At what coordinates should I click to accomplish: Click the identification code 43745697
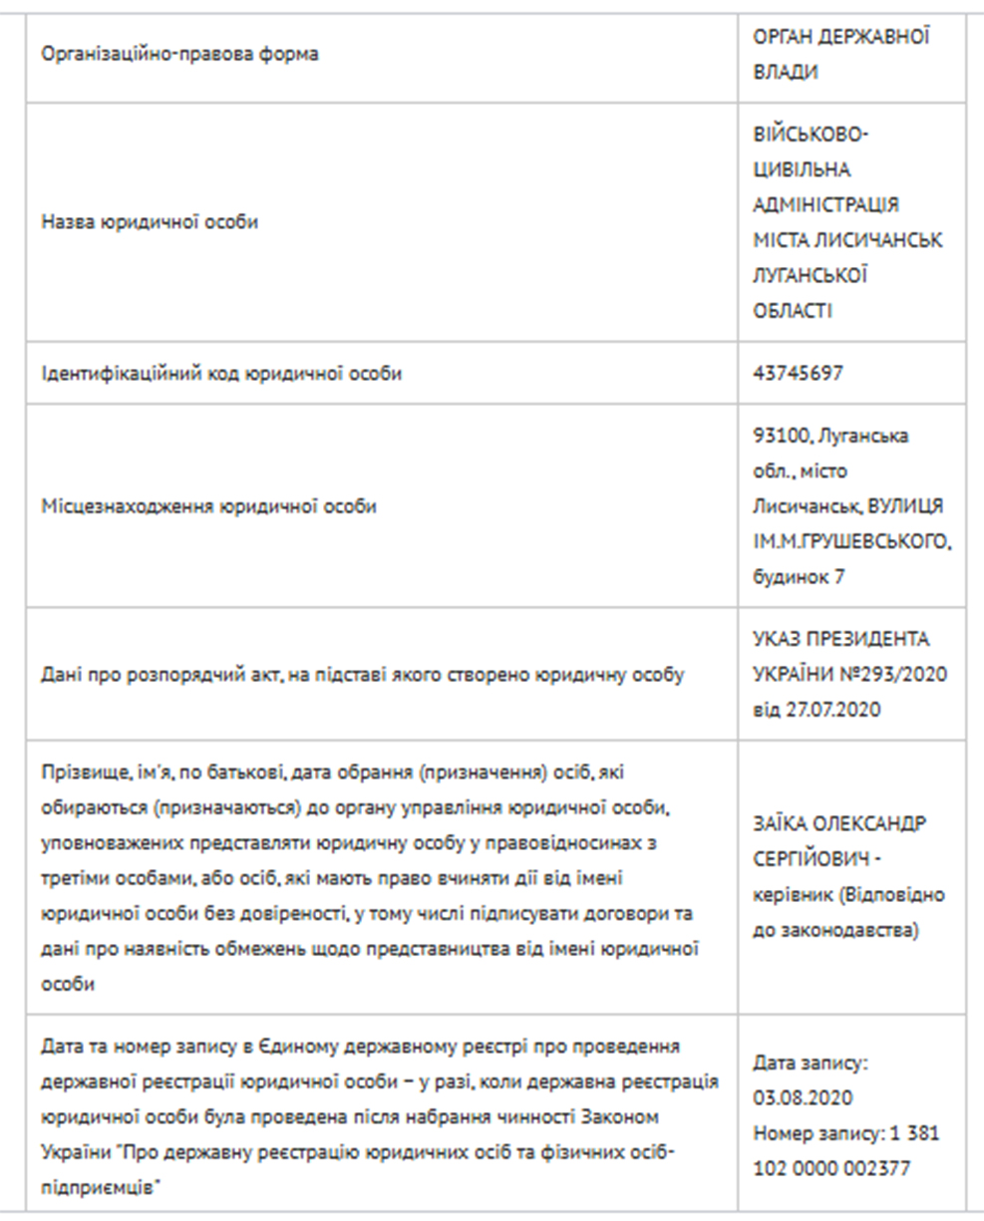(x=799, y=374)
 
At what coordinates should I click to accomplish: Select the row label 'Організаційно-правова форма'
(x=179, y=55)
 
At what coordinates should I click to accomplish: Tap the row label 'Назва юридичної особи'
(x=150, y=222)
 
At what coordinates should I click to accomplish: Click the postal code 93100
(x=776, y=436)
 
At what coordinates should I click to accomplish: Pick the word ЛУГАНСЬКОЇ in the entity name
(x=810, y=276)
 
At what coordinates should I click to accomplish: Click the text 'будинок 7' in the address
(x=799, y=577)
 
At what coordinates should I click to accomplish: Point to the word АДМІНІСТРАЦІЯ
(x=825, y=204)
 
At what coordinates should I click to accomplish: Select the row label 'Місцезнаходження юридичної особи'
(x=208, y=506)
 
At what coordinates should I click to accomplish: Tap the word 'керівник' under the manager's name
(x=787, y=895)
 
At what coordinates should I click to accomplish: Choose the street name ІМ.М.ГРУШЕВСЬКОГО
(x=852, y=542)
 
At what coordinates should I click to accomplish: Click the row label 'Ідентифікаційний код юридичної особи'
(x=221, y=374)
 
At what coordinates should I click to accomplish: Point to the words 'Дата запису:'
(x=811, y=1063)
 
